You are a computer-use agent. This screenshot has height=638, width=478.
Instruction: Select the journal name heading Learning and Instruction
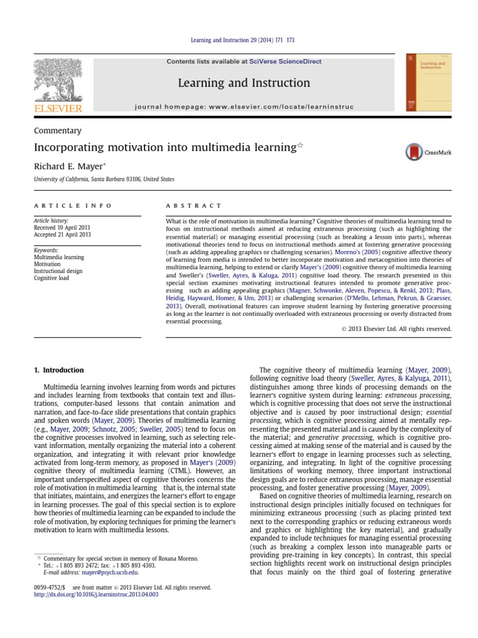pos(244,83)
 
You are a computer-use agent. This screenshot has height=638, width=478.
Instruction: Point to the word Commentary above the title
pos(57,131)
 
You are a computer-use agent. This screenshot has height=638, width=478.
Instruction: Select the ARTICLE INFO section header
pos(73,206)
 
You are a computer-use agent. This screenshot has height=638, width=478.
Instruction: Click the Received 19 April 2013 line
pos(63,227)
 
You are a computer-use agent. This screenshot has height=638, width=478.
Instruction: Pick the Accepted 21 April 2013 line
pos(62,234)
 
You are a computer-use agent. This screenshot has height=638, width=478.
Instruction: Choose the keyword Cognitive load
pos(52,278)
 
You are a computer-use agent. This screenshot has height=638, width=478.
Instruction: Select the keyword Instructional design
pos(58,271)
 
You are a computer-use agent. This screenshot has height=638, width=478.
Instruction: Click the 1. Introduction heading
pos(59,370)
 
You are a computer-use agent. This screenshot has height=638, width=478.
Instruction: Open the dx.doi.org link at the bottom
pos(96,594)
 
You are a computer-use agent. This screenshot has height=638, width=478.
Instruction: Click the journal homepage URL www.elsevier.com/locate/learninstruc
pos(276,107)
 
